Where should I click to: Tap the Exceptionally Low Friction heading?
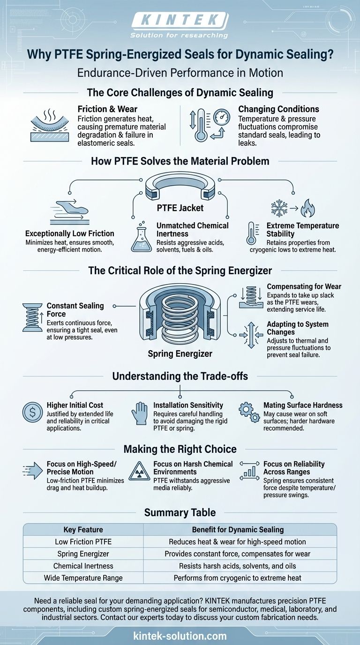click(x=69, y=233)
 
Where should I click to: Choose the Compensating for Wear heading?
click(x=304, y=286)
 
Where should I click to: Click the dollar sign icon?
click(x=32, y=413)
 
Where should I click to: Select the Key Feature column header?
click(x=83, y=530)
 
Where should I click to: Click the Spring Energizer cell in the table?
click(x=83, y=554)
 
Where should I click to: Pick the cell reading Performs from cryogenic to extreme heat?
click(x=238, y=578)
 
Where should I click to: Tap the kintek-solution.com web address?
click(x=180, y=636)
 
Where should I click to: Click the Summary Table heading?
click(x=180, y=512)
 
